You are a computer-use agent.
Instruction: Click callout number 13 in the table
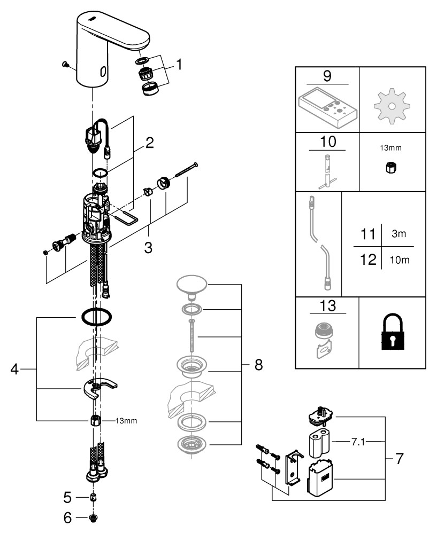click(x=327, y=306)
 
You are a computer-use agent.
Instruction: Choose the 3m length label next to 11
click(x=397, y=234)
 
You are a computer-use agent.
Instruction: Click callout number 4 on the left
click(x=14, y=369)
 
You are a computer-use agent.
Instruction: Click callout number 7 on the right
click(x=399, y=458)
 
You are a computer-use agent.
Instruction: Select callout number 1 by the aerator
click(x=179, y=65)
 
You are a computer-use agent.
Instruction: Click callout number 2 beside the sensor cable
click(x=150, y=143)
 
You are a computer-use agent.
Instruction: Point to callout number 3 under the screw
click(x=148, y=247)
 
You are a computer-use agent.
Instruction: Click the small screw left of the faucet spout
click(x=66, y=64)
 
